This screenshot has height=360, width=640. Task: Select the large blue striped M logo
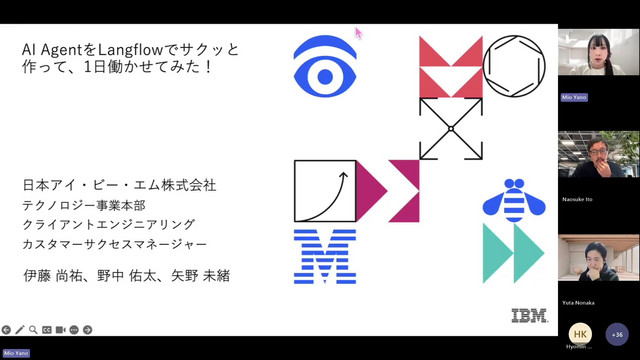pyautogui.click(x=325, y=255)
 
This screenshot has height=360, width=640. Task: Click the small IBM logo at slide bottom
pyautogui.click(x=529, y=315)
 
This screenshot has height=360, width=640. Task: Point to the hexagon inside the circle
pyautogui.click(x=514, y=66)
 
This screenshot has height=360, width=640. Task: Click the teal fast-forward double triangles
pyautogui.click(x=513, y=253)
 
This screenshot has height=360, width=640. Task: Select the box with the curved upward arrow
pyautogui.click(x=325, y=191)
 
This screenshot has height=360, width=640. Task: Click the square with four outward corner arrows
pyautogui.click(x=450, y=128)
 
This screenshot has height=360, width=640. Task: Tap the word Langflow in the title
pyautogui.click(x=124, y=48)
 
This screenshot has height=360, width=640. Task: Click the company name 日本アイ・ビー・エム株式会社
pyautogui.click(x=119, y=186)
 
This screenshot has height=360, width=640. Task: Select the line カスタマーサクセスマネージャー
pyautogui.click(x=115, y=244)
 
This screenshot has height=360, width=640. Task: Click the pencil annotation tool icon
pyautogui.click(x=20, y=329)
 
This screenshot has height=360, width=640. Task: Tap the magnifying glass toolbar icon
pyautogui.click(x=33, y=329)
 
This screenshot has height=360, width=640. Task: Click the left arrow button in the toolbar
pyautogui.click(x=7, y=329)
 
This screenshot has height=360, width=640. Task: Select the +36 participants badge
pyautogui.click(x=616, y=335)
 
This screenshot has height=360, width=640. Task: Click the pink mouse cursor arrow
pyautogui.click(x=358, y=33)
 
